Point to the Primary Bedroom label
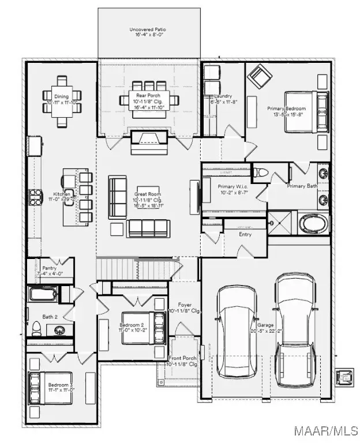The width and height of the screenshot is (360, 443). point(286,111)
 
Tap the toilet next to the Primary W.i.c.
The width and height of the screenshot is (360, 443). point(260,172)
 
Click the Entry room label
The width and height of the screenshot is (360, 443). point(245,234)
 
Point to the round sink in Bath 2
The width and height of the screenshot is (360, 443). point(59,330)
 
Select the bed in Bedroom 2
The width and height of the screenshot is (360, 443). point(157,327)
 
